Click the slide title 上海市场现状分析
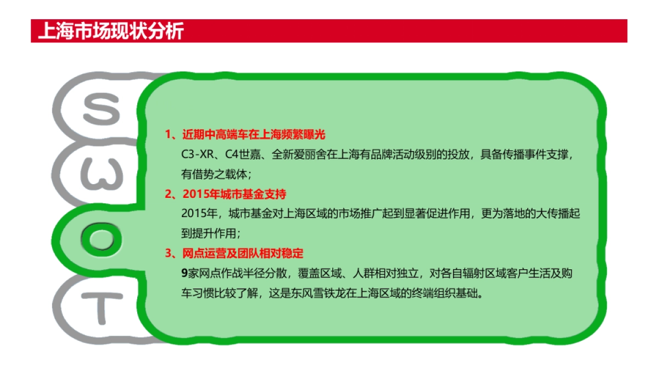[x=110, y=31]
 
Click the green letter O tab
[x=102, y=237]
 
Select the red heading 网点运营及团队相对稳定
[x=242, y=254]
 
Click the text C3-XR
[x=197, y=154]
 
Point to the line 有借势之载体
[x=214, y=174]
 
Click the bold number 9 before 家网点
[x=185, y=274]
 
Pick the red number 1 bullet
[x=169, y=135]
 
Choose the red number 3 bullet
[x=169, y=254]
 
